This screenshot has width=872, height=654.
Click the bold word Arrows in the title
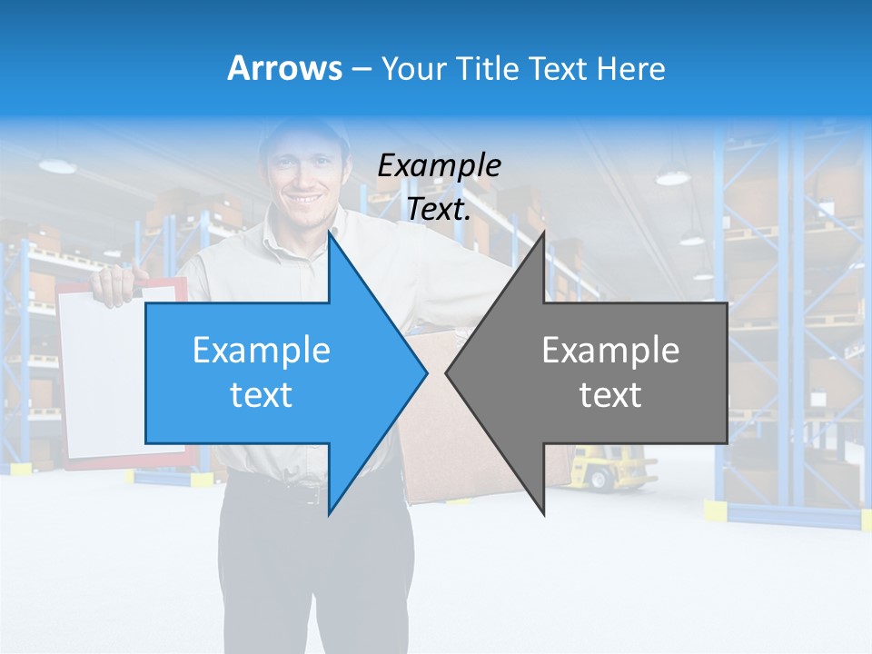[285, 68]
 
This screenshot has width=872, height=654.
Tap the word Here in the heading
[631, 69]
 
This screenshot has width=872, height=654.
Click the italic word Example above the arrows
[439, 166]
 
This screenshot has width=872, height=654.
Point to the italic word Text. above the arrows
[439, 209]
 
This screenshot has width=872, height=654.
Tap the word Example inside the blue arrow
[262, 351]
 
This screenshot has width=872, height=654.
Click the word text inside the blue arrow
[262, 395]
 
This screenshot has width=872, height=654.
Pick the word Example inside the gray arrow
[610, 351]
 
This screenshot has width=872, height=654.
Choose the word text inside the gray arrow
[610, 395]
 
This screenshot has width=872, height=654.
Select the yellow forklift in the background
[604, 468]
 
